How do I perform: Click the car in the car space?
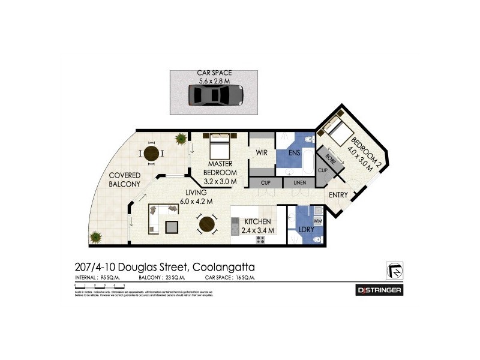coord(215,95)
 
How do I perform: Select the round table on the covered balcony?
coord(152,154)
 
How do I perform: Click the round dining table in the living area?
coord(207,224)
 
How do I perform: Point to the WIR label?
coord(261,153)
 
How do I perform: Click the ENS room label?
coord(293,154)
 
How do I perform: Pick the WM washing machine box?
coord(317,221)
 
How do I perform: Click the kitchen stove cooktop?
coord(261,239)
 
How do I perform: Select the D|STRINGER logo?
coord(379,290)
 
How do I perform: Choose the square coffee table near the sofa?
coord(172,227)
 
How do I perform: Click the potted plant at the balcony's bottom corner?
coord(94,236)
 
